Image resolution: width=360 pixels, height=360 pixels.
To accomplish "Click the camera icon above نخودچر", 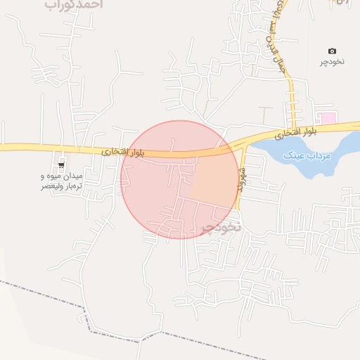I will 332,51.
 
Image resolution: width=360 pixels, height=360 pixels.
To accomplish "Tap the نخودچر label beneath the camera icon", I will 333,62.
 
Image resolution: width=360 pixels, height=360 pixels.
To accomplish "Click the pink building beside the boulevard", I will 325,117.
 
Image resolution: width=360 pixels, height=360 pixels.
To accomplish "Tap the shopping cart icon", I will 62,164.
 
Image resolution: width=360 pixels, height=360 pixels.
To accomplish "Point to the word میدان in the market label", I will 72,174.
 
